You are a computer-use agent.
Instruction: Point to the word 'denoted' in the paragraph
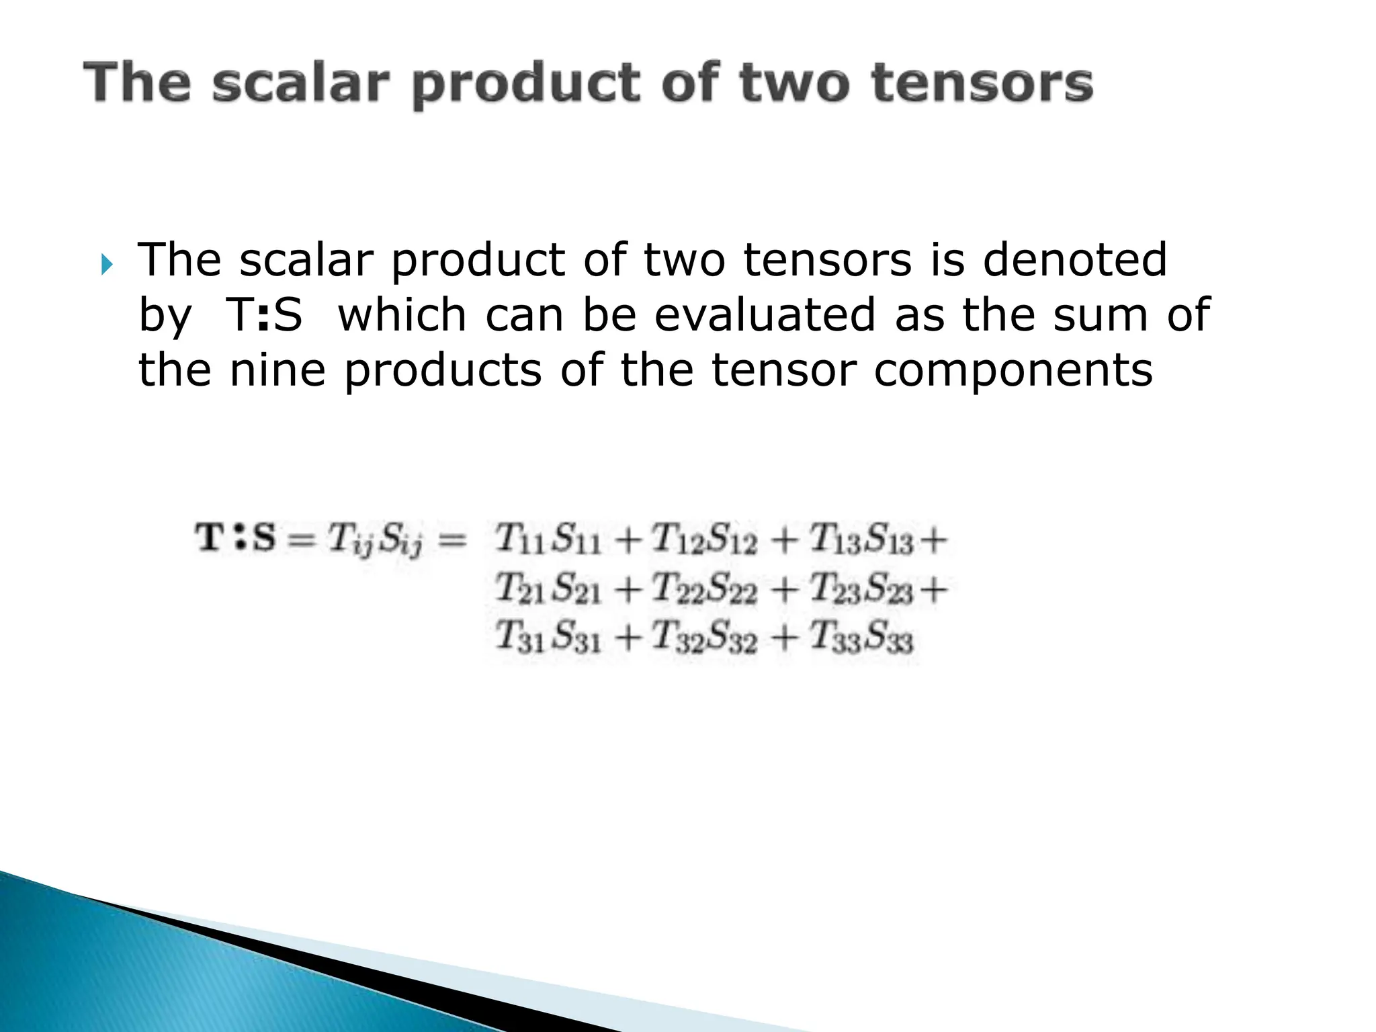pos(1074,259)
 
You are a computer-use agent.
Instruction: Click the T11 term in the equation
pos(520,540)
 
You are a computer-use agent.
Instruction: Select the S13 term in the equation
pos(888,540)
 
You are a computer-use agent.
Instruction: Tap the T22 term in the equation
pos(677,589)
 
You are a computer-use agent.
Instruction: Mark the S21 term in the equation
pos(576,589)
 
